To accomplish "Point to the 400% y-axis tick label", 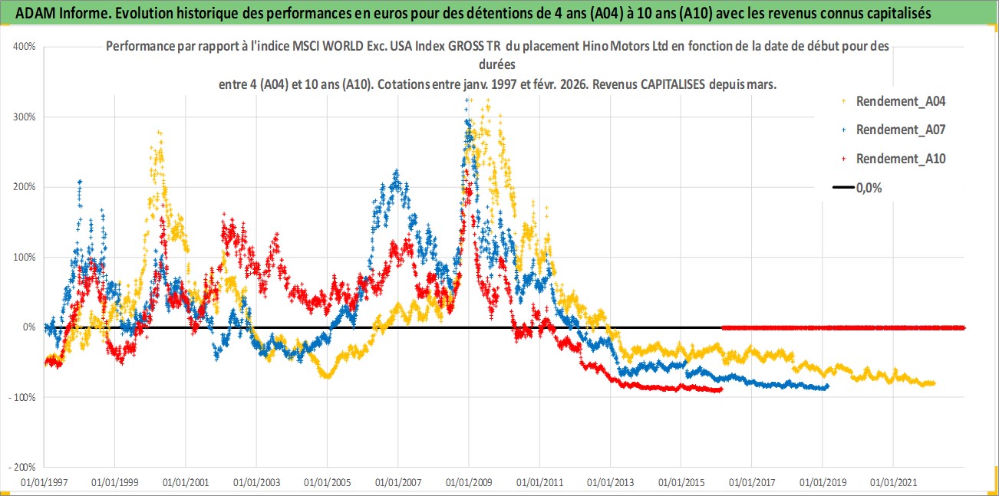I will [x=25, y=47].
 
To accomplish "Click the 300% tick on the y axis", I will [x=25, y=117].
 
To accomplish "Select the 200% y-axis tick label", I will [x=25, y=187].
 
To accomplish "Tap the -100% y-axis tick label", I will [x=23, y=397].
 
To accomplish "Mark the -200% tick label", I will [x=23, y=467].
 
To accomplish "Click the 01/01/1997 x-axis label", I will [x=44, y=484].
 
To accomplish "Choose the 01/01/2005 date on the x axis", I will [x=328, y=484].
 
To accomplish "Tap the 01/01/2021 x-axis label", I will [x=894, y=484].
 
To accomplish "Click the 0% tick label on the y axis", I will [x=29, y=327].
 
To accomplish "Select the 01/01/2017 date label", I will [x=752, y=484].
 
